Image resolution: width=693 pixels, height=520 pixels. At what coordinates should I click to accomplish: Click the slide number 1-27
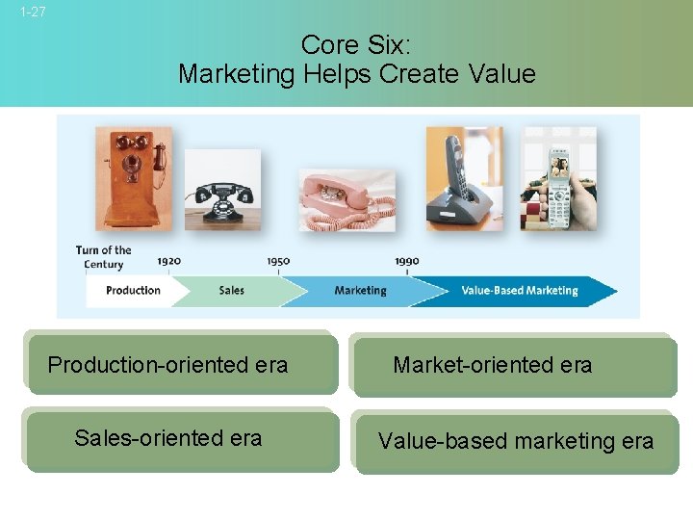point(32,13)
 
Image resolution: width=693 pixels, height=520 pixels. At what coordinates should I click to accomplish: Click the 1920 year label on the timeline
point(168,261)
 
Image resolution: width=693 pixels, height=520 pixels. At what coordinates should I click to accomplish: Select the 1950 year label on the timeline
point(278,261)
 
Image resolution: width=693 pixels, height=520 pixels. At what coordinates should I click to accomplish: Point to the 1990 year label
point(406,261)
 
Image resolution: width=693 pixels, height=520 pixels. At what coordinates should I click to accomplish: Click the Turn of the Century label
point(103,257)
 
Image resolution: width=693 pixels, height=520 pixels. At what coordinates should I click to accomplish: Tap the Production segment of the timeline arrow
point(133,290)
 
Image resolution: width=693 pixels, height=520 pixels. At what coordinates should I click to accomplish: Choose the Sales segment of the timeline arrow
point(232,290)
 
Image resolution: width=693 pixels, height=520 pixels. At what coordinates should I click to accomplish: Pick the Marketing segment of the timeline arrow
point(360,290)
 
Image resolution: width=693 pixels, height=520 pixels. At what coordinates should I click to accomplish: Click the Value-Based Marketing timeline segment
point(519,290)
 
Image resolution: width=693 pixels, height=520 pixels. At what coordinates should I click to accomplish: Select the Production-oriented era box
point(182,364)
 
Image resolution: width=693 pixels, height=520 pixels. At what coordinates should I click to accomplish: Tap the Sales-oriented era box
point(182,440)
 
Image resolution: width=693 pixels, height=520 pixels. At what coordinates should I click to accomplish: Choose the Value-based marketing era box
point(515,442)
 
